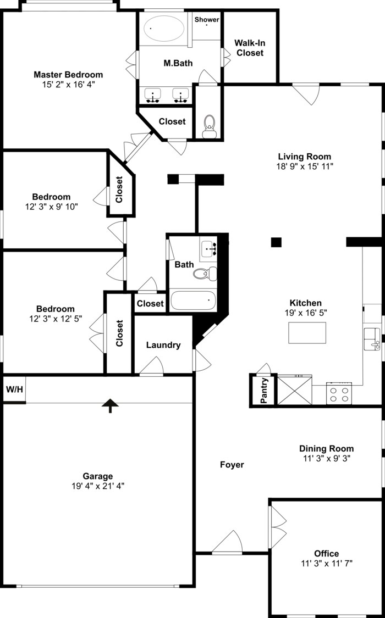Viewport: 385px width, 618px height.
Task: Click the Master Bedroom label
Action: pyautogui.click(x=68, y=75)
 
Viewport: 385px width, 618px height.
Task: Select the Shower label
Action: pyautogui.click(x=207, y=20)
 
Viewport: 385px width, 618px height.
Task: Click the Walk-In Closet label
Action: pyautogui.click(x=249, y=48)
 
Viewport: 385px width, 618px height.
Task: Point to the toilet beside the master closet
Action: pyautogui.click(x=209, y=126)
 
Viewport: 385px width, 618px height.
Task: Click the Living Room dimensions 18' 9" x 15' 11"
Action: pyautogui.click(x=305, y=165)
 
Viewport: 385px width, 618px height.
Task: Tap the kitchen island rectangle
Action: pyautogui.click(x=307, y=333)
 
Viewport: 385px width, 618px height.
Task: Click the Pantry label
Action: pyautogui.click(x=264, y=391)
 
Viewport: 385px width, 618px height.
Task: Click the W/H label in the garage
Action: pyautogui.click(x=14, y=389)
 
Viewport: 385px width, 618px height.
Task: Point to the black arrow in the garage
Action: pyautogui.click(x=111, y=405)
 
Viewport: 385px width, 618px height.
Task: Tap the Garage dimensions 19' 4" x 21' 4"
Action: pyautogui.click(x=98, y=486)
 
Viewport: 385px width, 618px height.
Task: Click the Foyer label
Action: pyautogui.click(x=232, y=465)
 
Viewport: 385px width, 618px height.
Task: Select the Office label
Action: pyautogui.click(x=327, y=553)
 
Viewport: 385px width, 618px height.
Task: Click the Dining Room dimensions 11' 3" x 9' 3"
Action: pyautogui.click(x=327, y=458)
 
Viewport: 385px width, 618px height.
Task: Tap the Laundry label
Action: pyautogui.click(x=163, y=345)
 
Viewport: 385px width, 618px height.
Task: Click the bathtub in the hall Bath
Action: pyautogui.click(x=193, y=300)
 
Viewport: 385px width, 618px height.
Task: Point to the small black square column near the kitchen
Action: pyautogui.click(x=276, y=242)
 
